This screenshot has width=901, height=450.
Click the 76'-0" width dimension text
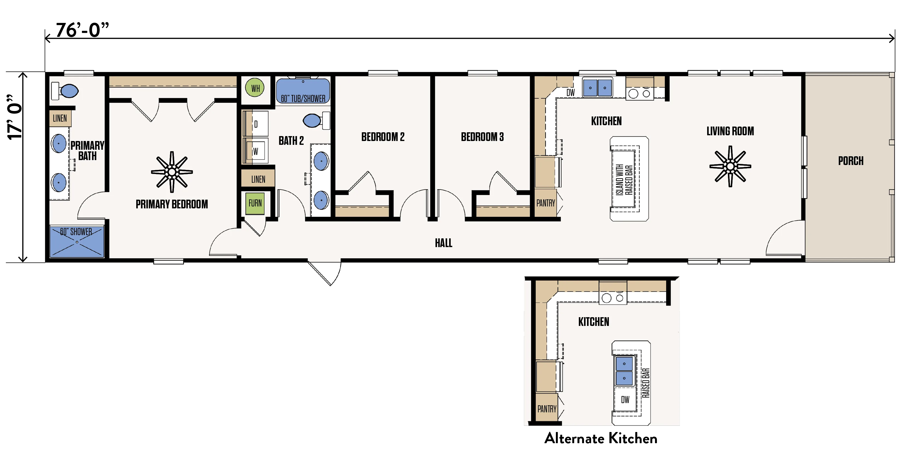coord(82,30)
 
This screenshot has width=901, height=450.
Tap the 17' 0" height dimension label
coord(15,117)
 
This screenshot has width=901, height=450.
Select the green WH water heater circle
coord(255,88)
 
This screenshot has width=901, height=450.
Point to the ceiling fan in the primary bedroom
coord(172,172)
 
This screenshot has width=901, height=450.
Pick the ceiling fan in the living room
coord(730,166)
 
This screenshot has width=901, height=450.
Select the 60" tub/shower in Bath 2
coord(303,91)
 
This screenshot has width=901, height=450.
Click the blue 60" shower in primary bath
coord(77,242)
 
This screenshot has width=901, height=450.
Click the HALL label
coord(443,243)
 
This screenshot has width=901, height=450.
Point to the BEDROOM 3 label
coord(482,137)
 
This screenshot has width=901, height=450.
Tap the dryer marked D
coord(256,124)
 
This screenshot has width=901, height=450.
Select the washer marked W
coord(256,151)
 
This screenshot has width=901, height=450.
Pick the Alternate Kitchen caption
coord(601,438)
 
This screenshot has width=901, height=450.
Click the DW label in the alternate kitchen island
coord(625,400)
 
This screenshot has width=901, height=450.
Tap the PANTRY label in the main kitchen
coord(546,203)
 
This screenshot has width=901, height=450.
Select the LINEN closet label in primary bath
coord(60,118)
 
